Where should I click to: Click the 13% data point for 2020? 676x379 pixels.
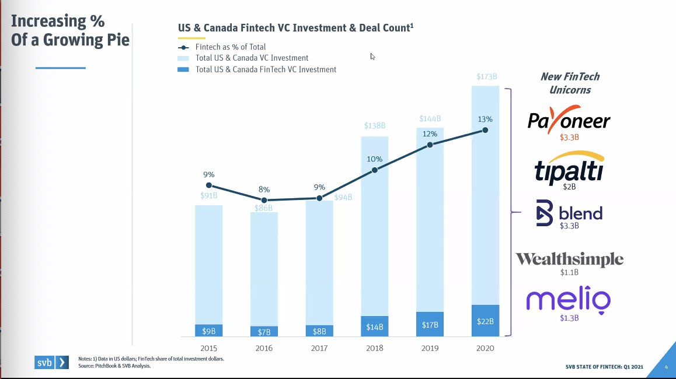[485, 131]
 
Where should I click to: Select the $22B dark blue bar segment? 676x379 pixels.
[485, 320]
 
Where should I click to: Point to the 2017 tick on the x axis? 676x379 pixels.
[319, 348]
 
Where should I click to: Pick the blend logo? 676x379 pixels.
[569, 213]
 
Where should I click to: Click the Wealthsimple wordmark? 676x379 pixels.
[569, 259]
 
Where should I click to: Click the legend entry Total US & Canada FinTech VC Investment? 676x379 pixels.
[266, 69]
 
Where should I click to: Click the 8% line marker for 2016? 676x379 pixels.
[264, 200]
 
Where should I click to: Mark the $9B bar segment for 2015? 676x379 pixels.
[209, 331]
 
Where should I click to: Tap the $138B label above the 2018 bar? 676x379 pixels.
[375, 126]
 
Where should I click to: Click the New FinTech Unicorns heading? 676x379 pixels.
[570, 83]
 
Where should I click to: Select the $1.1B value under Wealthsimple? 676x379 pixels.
[569, 271]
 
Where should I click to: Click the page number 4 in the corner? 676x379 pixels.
[666, 367]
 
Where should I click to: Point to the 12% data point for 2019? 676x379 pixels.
[430, 144]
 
